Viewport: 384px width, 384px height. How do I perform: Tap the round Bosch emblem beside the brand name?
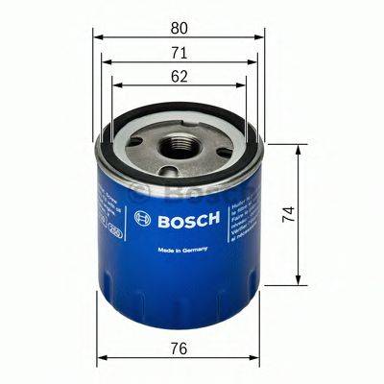click(143, 218)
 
